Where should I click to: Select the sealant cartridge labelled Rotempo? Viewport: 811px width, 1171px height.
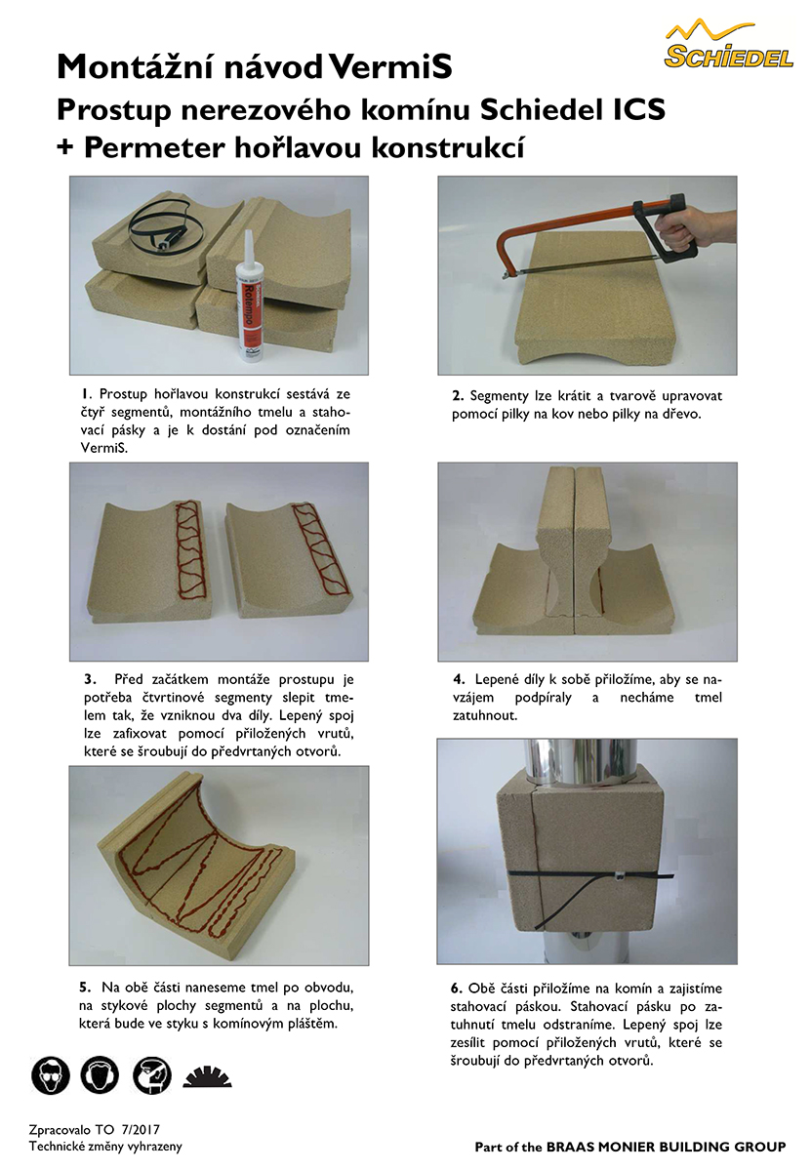249,297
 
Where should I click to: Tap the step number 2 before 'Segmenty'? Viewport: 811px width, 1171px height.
458,396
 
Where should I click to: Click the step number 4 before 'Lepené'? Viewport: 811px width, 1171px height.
459,680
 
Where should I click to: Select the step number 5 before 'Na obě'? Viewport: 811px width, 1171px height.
85,988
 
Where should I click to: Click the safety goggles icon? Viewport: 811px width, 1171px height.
50,1075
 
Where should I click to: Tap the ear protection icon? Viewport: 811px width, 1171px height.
100,1075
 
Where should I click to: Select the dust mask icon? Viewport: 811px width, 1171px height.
151,1075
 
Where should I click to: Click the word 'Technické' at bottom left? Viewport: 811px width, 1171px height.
55,1147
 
